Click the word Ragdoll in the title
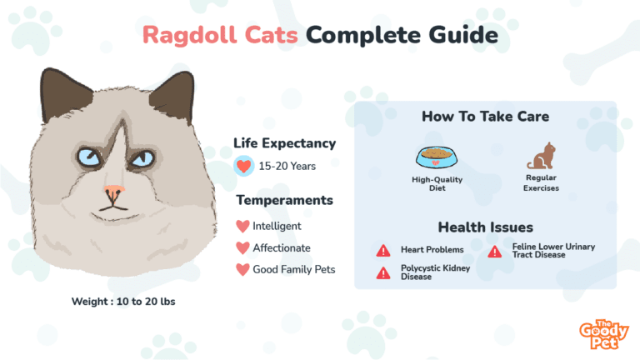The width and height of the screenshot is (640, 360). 189,36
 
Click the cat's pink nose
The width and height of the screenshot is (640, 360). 114,190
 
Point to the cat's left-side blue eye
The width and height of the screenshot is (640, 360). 89,157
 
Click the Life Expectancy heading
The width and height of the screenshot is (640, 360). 284,143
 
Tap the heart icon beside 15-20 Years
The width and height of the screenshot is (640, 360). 243,166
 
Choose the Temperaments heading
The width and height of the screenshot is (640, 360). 284,200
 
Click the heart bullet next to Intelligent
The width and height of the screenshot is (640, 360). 242,226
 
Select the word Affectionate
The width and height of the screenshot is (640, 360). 282,247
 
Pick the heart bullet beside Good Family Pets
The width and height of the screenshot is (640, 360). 242,269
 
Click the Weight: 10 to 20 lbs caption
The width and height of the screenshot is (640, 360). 123,302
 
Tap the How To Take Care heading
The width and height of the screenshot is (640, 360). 485,117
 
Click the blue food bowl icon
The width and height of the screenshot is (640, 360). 437,157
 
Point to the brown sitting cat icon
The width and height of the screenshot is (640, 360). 541,156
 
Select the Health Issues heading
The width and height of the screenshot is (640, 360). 485,227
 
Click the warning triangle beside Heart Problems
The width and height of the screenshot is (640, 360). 383,250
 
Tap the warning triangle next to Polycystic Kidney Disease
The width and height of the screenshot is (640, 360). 383,272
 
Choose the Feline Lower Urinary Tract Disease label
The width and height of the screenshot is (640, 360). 553,251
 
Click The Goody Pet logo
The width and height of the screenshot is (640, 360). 603,335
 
